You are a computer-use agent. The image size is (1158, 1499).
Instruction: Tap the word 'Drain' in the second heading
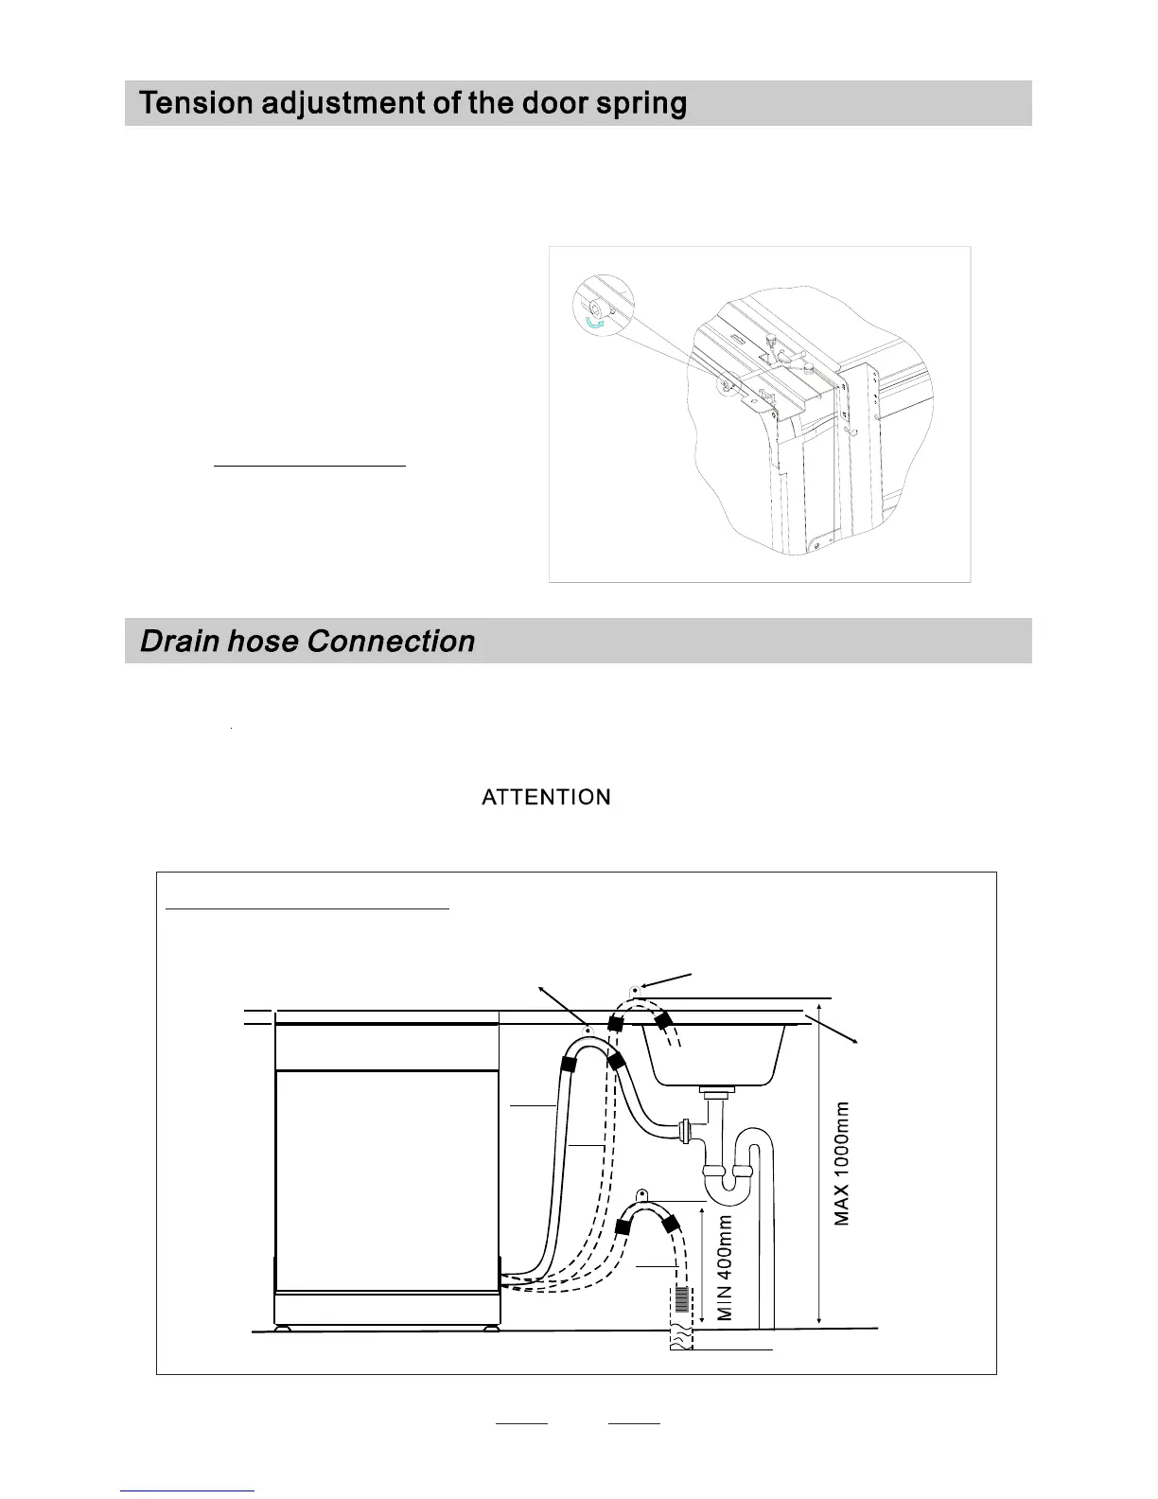click(x=181, y=641)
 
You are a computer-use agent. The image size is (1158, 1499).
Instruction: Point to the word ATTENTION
click(x=546, y=797)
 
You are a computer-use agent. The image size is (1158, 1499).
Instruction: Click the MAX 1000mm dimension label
click(x=842, y=1163)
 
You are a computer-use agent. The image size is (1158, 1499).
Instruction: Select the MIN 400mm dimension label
click(x=726, y=1268)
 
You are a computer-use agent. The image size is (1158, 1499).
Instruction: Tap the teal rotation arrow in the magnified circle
click(x=594, y=324)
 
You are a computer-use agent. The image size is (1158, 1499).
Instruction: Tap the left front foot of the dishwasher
click(x=282, y=1328)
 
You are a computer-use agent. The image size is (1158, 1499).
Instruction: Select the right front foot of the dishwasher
click(x=491, y=1328)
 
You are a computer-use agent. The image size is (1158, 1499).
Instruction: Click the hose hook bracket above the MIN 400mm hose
click(x=641, y=1195)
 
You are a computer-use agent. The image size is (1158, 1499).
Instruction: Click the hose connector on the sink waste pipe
click(x=684, y=1129)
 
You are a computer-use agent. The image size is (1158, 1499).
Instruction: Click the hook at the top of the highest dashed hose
click(x=633, y=991)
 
